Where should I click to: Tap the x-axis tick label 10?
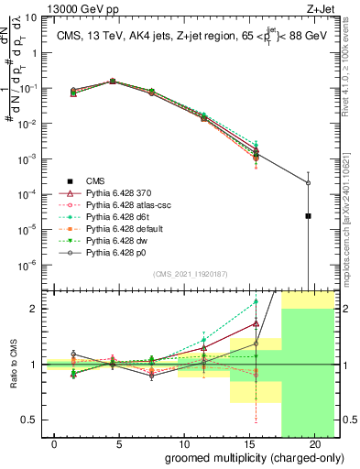pyautogui.click(x=184, y=442)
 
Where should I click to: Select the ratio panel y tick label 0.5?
pyautogui.click(x=33, y=420)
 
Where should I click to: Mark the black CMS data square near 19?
pyautogui.click(x=308, y=216)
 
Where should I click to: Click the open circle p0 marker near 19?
pyautogui.click(x=308, y=183)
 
